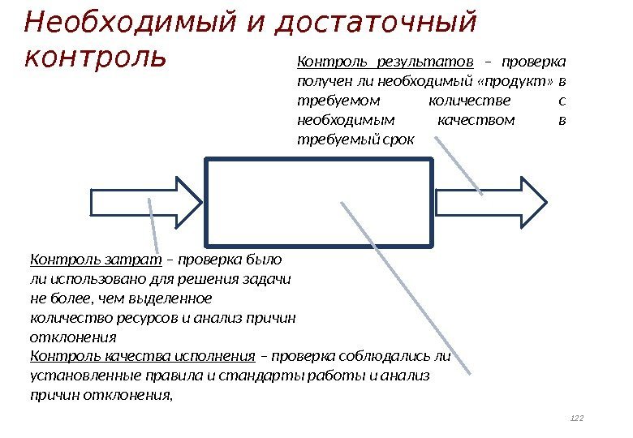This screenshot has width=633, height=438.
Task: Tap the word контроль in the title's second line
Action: [96, 58]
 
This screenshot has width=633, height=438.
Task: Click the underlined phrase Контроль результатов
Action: [385, 62]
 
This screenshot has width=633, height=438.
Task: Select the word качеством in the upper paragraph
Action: [476, 121]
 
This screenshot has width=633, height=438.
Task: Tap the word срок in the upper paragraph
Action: [398, 140]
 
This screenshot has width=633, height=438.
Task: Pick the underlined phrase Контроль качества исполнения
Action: [143, 356]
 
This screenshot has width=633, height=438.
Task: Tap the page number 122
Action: [578, 419]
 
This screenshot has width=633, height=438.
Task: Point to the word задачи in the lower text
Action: [269, 279]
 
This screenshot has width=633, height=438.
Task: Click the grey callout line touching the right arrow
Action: [459, 166]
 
